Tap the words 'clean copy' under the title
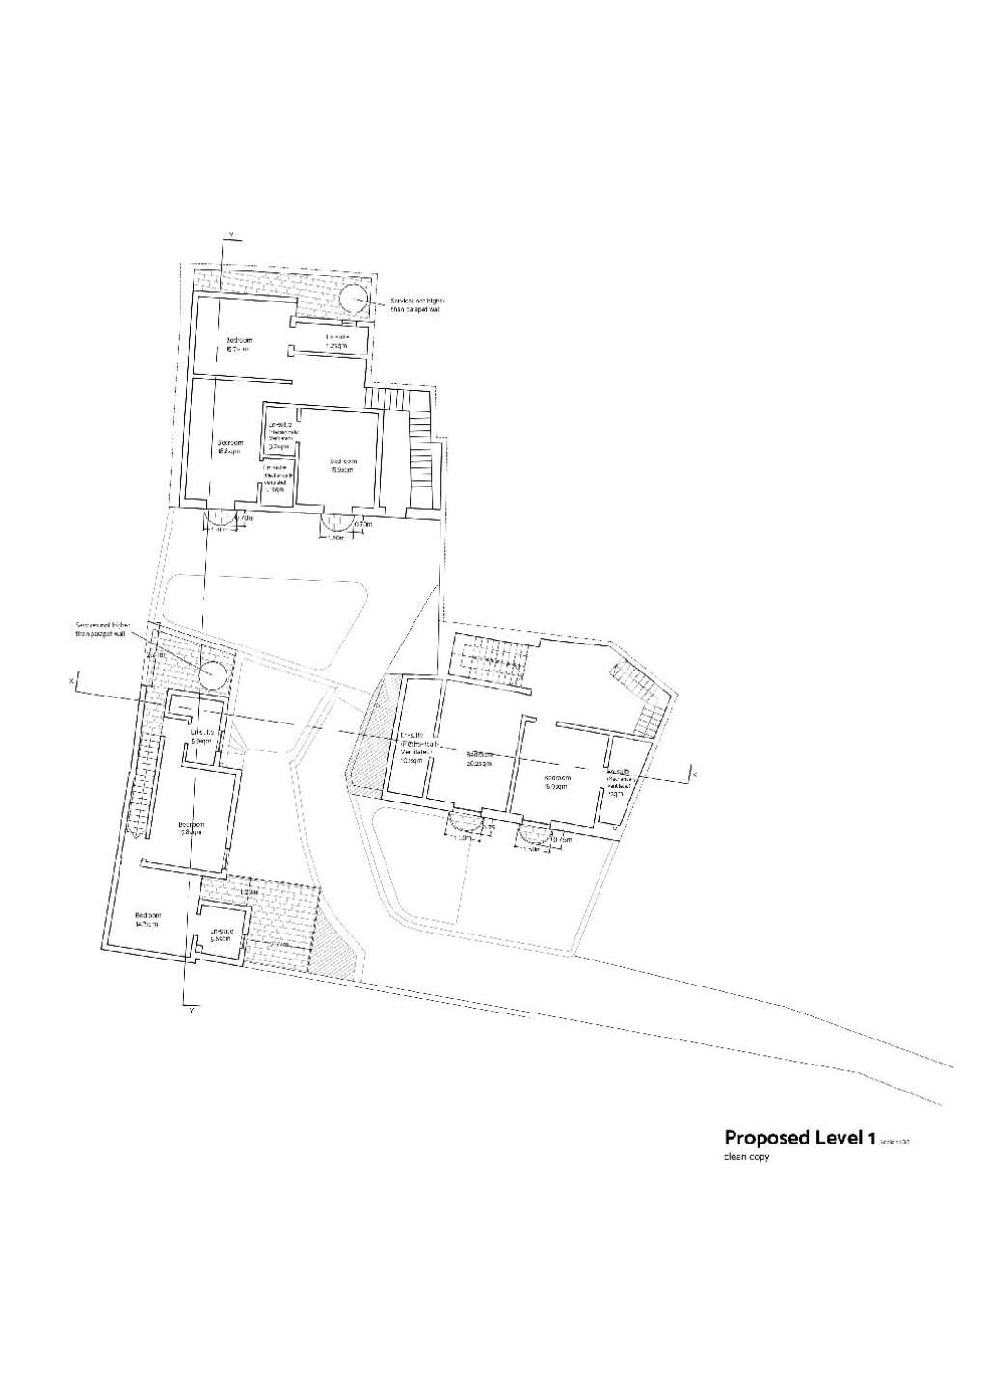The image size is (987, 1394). pyautogui.click(x=747, y=1157)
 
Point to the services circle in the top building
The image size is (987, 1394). pyautogui.click(x=352, y=296)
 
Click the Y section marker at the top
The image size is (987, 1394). pyautogui.click(x=229, y=235)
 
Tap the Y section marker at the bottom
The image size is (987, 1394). pyautogui.click(x=191, y=1010)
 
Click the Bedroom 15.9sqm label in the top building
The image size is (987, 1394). pyautogui.click(x=341, y=465)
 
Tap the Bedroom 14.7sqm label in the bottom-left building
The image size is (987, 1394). pyautogui.click(x=147, y=919)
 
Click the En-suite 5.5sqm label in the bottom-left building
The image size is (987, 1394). pyautogui.click(x=221, y=934)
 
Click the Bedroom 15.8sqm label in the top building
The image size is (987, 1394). pyautogui.click(x=229, y=447)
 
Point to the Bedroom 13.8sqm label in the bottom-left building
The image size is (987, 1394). pyautogui.click(x=191, y=828)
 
